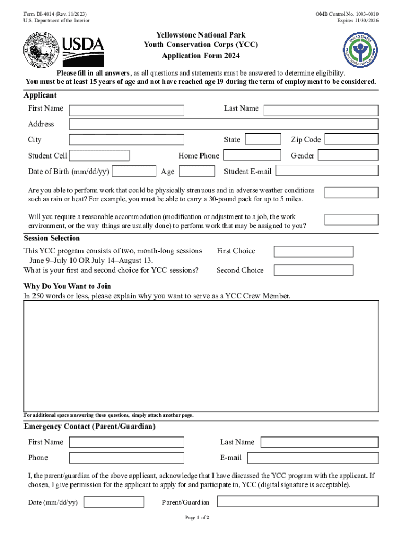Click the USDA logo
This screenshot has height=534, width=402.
pyautogui.click(x=83, y=50)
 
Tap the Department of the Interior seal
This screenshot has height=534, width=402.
pyautogui.click(x=41, y=50)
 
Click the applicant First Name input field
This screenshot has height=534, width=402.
pyautogui.click(x=126, y=111)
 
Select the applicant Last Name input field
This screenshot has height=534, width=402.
pyautogui.click(x=321, y=111)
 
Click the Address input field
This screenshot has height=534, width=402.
pyautogui.click(x=223, y=124)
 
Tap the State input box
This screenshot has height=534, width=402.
pyautogui.click(x=263, y=140)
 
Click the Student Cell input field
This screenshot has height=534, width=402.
pyautogui.click(x=99, y=155)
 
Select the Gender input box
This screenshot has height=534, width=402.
pyautogui.click(x=348, y=155)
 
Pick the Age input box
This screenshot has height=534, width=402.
pyautogui.click(x=197, y=171)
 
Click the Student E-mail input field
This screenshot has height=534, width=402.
pyautogui.click(x=327, y=171)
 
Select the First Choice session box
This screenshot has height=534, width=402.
pyautogui.click(x=313, y=251)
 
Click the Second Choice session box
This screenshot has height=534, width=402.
pyautogui.click(x=313, y=270)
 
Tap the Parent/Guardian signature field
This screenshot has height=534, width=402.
pyautogui.click(x=297, y=502)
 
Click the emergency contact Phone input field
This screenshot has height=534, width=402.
pyautogui.click(x=126, y=458)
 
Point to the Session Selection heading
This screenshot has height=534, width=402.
pyautogui.click(x=52, y=238)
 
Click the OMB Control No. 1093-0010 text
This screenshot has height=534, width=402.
pyautogui.click(x=347, y=14)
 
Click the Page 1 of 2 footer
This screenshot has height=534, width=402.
pyautogui.click(x=197, y=518)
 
